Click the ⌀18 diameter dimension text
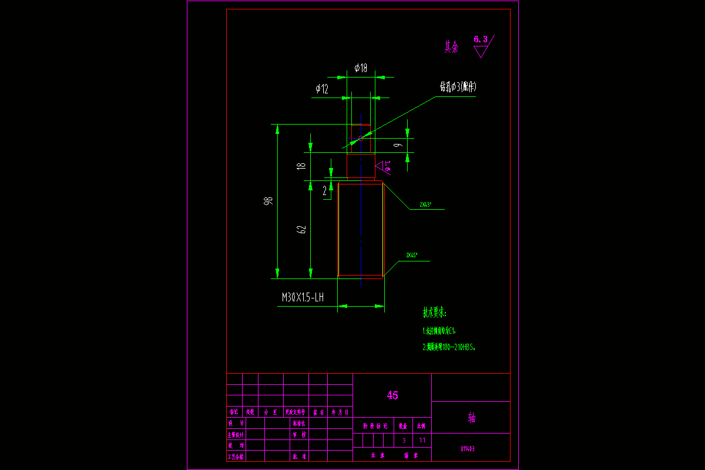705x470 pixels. [x=361, y=68]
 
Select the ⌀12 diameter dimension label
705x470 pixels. [x=322, y=89]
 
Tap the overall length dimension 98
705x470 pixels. [x=269, y=201]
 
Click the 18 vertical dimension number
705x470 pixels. [x=302, y=166]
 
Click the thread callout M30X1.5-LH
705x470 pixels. [x=303, y=298]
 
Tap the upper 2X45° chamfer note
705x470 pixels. [x=425, y=205]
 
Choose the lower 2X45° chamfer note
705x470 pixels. [x=412, y=256]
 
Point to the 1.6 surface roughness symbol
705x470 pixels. [x=385, y=166]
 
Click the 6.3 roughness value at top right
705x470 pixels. [x=481, y=39]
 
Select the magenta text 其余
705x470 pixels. [x=451, y=48]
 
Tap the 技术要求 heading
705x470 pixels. [x=435, y=311]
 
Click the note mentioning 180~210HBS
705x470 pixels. [x=449, y=347]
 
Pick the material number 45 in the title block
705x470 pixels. [x=392, y=395]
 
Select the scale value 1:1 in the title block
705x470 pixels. [x=422, y=440]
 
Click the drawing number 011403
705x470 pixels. [x=468, y=449]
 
